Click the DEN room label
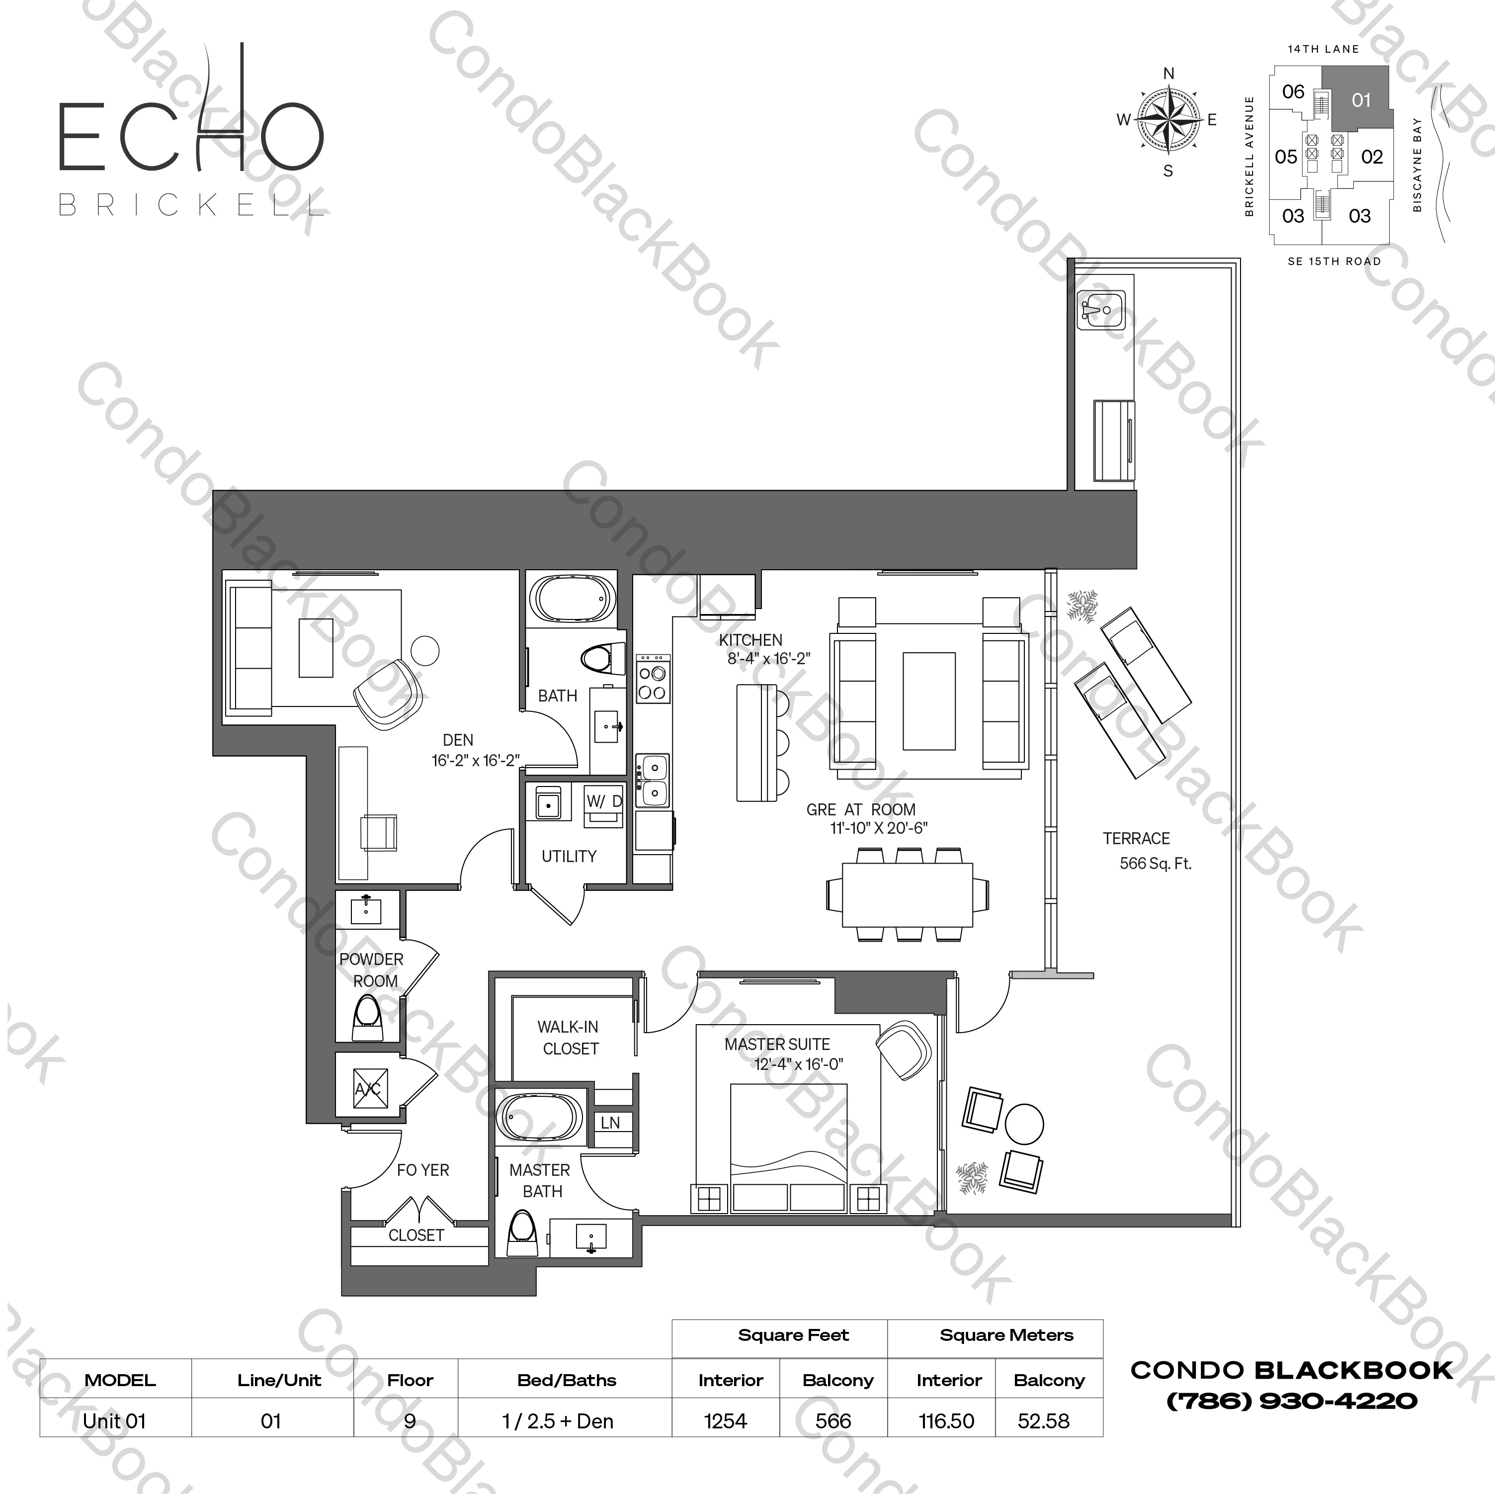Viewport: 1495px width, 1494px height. point(458,740)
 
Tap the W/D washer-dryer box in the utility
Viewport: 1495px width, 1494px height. point(603,805)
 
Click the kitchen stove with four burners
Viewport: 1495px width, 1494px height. point(652,680)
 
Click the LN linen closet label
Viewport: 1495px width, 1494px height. point(610,1123)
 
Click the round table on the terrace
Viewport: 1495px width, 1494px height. point(1024,1124)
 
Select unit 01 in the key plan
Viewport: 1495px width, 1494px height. point(1360,100)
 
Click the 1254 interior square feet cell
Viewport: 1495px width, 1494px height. point(725,1421)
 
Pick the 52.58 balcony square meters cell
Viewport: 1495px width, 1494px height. point(1044,1421)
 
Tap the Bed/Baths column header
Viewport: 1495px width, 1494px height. point(567,1380)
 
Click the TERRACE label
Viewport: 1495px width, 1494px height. point(1136,838)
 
